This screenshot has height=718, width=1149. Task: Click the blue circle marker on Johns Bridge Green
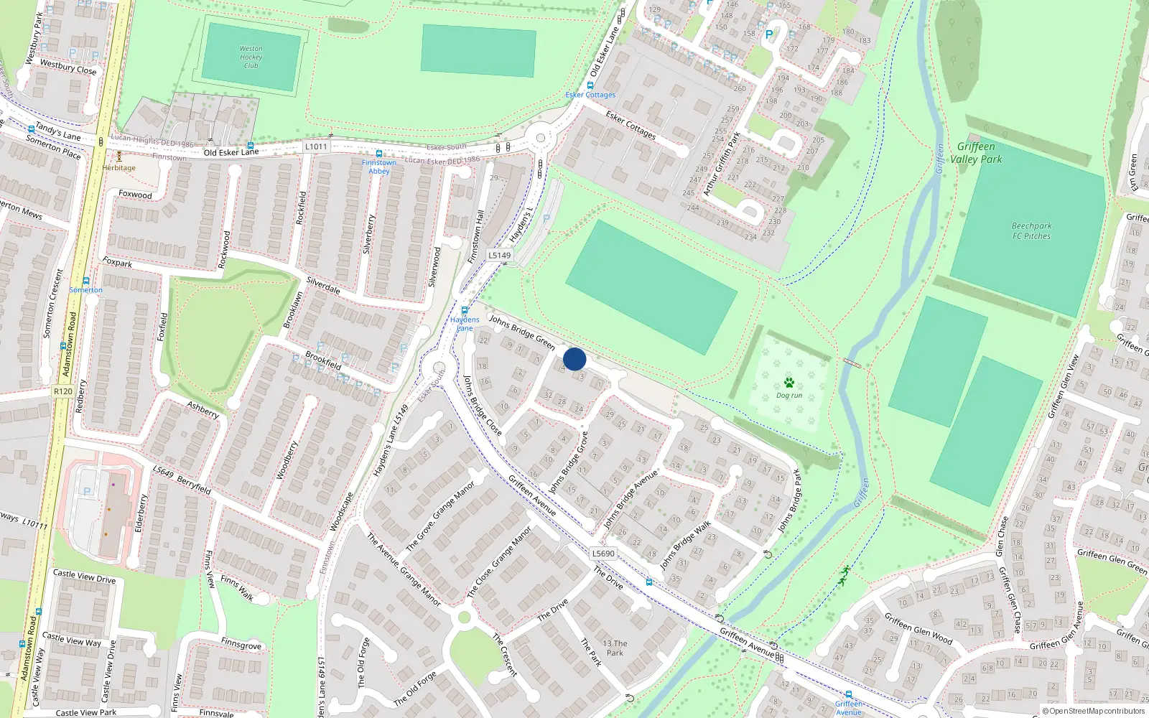coord(574,359)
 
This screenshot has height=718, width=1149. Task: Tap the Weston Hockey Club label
coord(251,57)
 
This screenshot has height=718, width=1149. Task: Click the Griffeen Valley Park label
coord(976,153)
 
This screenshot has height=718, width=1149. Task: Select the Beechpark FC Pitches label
coord(1031,230)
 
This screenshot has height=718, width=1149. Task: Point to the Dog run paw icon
coord(789,383)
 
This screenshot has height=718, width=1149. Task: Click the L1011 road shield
coord(316,146)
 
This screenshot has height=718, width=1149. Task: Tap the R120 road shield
coord(63,391)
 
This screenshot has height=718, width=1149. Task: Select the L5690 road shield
coord(603,554)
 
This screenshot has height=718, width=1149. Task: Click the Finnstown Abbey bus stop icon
coord(379,154)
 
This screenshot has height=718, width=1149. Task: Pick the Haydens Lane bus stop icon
coord(465,311)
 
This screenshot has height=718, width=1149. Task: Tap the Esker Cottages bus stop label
coord(590,95)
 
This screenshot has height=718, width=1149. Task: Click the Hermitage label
coord(118,168)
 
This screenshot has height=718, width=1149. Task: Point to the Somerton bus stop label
coord(86,290)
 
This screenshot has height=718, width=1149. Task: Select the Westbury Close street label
coord(68,67)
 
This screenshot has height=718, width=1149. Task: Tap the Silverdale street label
coord(323,285)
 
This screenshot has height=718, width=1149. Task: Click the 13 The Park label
coord(615,648)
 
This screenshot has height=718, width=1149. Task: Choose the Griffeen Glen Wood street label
coord(918,628)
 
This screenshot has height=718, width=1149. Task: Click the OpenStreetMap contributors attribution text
coord(1093,711)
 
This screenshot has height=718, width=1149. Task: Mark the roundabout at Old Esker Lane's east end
coord(539,137)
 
